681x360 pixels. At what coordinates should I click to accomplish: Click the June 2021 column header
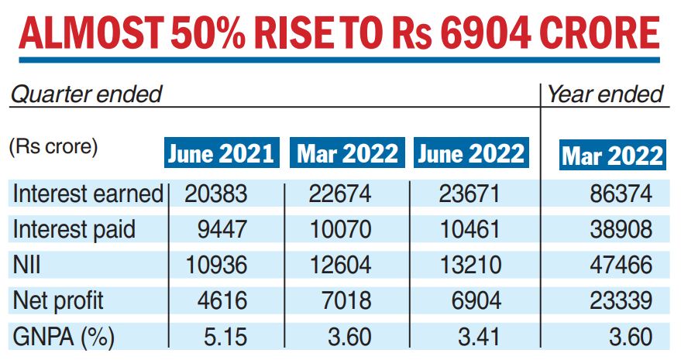tap(221, 153)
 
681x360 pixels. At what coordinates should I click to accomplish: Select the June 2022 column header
tap(470, 153)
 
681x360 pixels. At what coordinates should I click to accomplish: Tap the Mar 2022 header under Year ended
tap(612, 156)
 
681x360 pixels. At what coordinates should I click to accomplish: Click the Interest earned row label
tap(88, 194)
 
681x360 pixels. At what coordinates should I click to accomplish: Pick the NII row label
tap(26, 266)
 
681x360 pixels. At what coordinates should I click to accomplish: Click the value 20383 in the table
tap(215, 194)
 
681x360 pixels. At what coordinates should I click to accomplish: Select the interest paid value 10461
tap(469, 229)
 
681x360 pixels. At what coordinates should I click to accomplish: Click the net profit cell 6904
tap(475, 301)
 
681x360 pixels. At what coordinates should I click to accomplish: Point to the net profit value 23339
tap(619, 301)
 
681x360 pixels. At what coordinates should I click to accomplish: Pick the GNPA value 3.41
tap(480, 337)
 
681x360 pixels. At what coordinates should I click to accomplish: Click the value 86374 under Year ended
tap(619, 194)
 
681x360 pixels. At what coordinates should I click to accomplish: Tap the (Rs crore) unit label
tap(53, 147)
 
